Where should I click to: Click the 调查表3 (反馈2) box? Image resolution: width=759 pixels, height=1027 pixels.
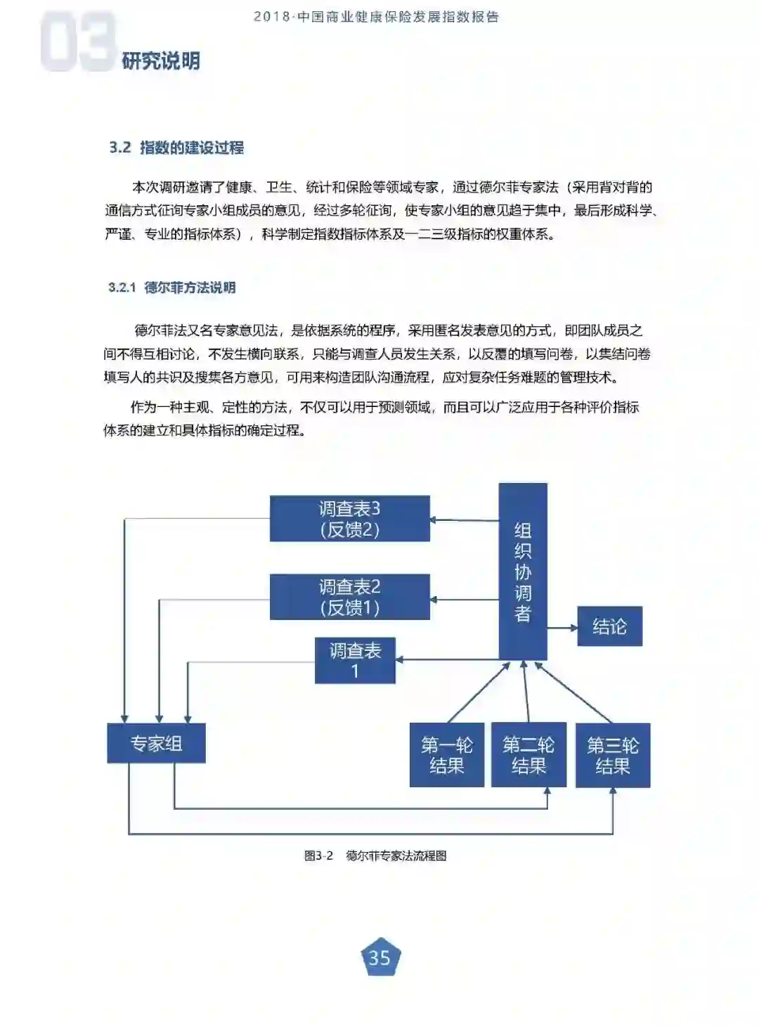pos(349,519)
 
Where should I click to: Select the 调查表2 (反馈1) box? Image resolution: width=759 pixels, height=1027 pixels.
pos(349,597)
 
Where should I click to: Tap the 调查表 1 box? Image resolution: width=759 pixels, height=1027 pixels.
pos(355,661)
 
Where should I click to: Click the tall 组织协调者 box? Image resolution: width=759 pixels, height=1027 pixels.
pos(523,571)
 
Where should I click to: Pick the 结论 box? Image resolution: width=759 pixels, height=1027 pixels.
pos(609,626)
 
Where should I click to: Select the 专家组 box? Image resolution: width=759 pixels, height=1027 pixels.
pos(156,743)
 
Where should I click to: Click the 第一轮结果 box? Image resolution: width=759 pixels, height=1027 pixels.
pos(447,755)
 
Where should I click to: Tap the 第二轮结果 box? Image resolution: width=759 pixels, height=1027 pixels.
pos(528,755)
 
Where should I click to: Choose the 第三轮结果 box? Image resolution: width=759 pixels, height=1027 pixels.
pos(613,755)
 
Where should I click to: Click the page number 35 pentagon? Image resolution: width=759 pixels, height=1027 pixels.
pos(379,957)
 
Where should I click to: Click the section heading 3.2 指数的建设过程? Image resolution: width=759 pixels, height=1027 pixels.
pos(176,148)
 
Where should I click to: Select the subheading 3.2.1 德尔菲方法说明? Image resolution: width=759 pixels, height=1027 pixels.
pos(172,288)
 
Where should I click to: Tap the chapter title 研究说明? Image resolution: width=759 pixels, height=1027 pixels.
pos(161,61)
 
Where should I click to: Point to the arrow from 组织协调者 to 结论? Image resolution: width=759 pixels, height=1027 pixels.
pos(562,627)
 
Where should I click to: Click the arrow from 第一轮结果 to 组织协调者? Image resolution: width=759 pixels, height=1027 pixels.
pos(478,692)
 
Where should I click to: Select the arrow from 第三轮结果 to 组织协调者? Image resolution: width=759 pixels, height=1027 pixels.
pos(573,692)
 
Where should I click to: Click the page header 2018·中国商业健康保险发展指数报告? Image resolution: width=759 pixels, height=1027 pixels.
pos(376,17)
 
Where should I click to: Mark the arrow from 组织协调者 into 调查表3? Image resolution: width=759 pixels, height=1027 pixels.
pos(464,520)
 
